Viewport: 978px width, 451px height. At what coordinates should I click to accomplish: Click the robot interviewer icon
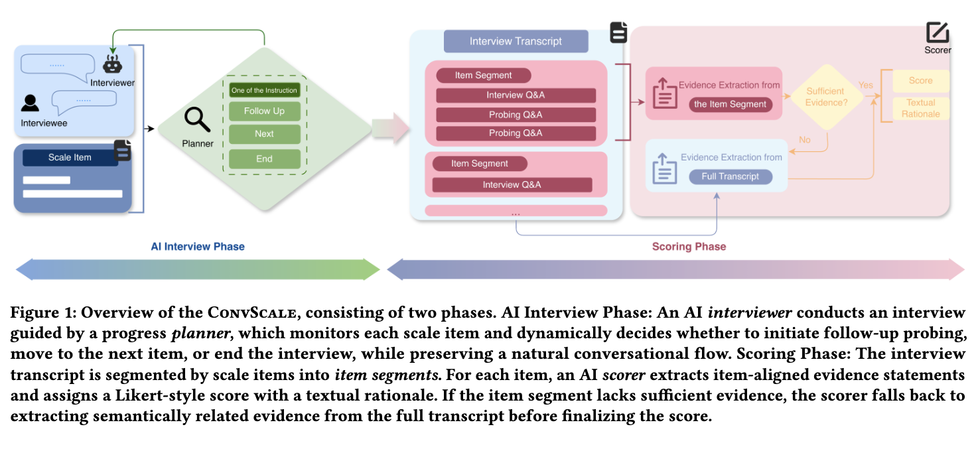pos(111,64)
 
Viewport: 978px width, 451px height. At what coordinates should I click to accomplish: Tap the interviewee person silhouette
pos(30,103)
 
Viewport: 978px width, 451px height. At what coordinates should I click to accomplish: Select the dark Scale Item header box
pos(70,157)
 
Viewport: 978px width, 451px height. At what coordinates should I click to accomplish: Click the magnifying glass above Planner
pos(197,120)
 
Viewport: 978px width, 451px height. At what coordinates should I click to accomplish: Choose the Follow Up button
pos(264,111)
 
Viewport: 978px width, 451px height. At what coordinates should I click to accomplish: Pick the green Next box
pos(264,133)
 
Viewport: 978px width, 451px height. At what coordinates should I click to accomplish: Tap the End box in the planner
pos(264,159)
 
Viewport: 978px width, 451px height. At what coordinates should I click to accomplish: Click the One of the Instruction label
pos(264,90)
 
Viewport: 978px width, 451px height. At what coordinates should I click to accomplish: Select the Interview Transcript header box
pos(516,41)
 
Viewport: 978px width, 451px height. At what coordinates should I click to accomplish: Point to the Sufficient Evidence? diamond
pos(825,97)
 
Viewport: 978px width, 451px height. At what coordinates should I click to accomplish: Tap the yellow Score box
pos(920,80)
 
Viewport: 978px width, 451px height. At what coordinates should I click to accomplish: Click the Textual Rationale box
pos(920,108)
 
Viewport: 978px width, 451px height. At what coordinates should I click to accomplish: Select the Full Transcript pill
pos(730,176)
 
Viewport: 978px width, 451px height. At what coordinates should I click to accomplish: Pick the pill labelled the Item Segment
pos(730,103)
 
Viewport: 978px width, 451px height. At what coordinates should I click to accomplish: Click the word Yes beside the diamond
pos(866,85)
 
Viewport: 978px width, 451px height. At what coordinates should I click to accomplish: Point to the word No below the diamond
pos(805,140)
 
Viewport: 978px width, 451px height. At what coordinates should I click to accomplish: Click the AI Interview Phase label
pos(198,247)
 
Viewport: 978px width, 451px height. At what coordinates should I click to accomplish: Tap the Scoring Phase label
pos(689,247)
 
